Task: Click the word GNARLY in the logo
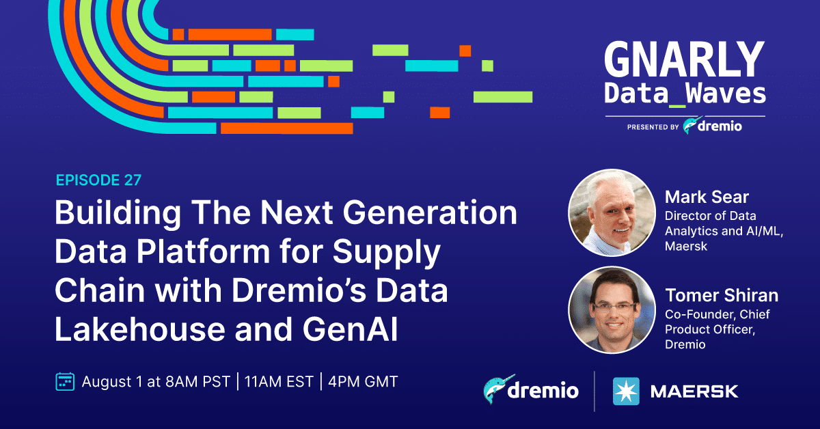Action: pos(685,59)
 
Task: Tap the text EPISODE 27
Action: pos(98,180)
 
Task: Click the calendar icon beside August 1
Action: pos(65,382)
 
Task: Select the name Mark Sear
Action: pos(707,197)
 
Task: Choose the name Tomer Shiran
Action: pos(722,295)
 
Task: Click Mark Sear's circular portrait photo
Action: pos(612,212)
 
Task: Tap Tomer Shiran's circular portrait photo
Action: pos(612,310)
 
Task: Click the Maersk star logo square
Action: pos(626,391)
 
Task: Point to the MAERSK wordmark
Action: pos(694,391)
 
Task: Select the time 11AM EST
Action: pos(279,382)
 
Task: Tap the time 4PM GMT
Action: pos(363,382)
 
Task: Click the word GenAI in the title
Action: pos(350,329)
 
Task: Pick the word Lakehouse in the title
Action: pos(140,329)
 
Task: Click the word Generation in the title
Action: pos(430,212)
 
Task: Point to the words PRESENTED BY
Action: pos(653,127)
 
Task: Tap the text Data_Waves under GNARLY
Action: pos(685,94)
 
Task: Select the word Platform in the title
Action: pos(203,252)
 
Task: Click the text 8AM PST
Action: pos(197,382)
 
